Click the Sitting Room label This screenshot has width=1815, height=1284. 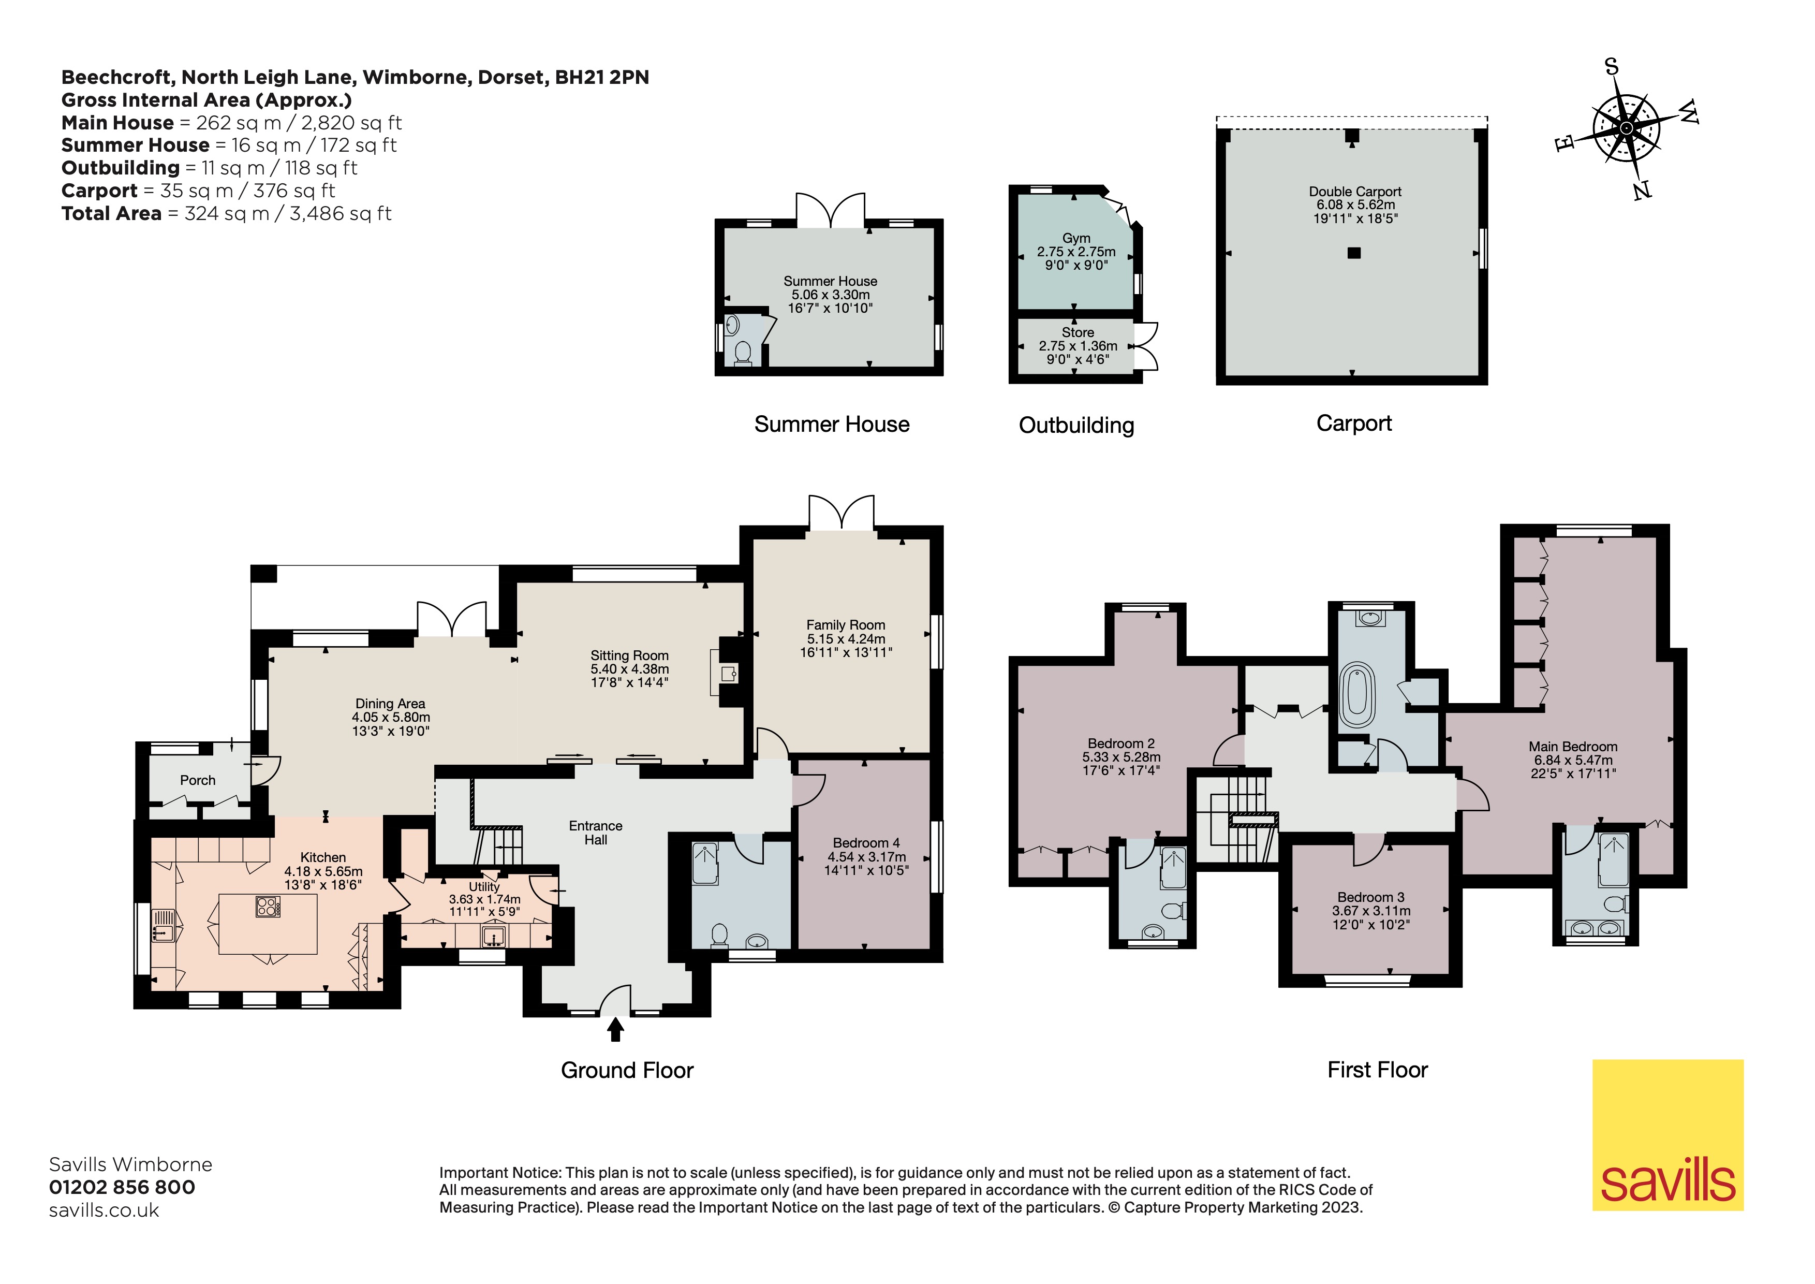[629, 655]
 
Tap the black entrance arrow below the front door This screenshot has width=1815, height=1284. [615, 1029]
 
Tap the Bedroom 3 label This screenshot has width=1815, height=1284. [1370, 897]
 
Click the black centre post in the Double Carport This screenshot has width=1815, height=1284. [1354, 253]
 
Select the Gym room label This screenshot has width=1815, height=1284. [1076, 238]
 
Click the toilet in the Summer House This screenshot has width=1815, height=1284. [742, 353]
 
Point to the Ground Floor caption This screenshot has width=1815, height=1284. [627, 1071]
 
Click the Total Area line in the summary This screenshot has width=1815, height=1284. [226, 213]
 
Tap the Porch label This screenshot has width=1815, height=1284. [198, 780]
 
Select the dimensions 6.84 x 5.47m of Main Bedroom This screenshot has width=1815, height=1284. [1572, 760]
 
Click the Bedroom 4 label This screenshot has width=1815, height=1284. [866, 843]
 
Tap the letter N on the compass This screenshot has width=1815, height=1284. [1642, 190]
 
